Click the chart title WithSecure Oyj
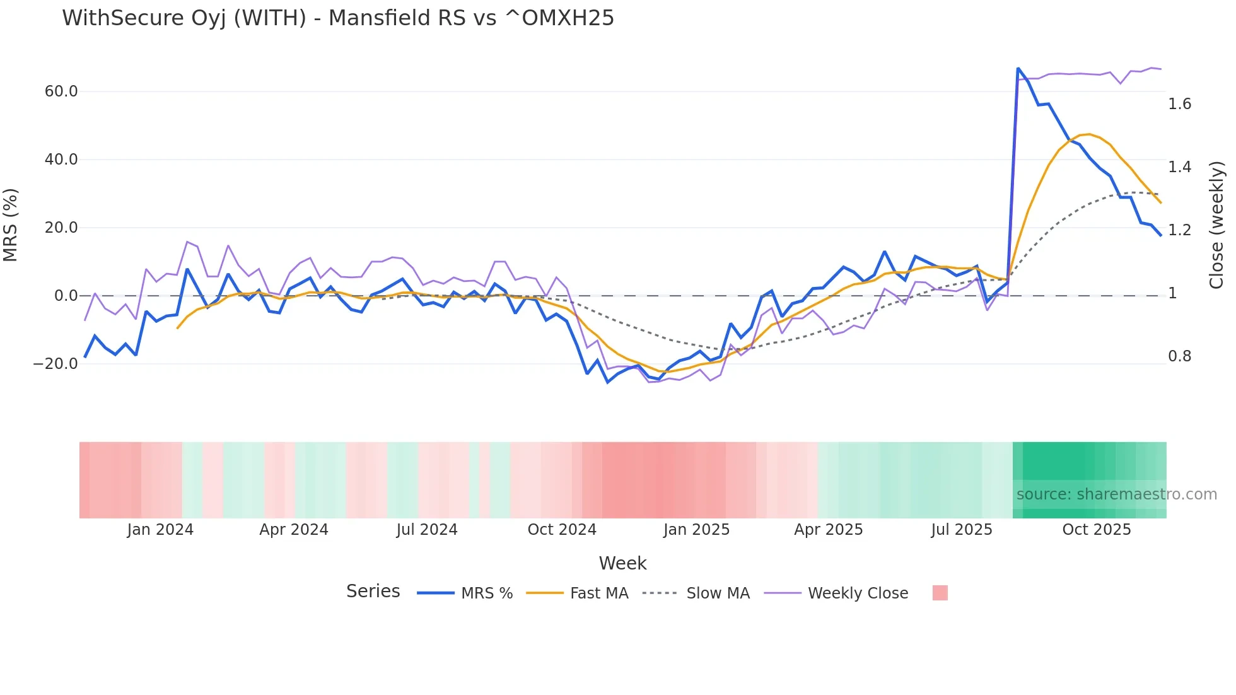[337, 18]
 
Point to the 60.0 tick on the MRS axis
[61, 91]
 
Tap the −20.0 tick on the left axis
[55, 364]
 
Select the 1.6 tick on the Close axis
[1179, 104]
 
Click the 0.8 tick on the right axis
[1179, 356]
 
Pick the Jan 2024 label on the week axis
[160, 530]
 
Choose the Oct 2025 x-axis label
[1097, 530]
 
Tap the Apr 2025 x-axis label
[828, 530]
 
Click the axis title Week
[622, 563]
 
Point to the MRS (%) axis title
[11, 225]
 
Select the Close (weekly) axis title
[1216, 225]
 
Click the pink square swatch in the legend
[940, 593]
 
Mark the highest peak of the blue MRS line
[1018, 68]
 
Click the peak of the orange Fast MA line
[1089, 134]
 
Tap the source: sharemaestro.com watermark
[1116, 494]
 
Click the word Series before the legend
[373, 592]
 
